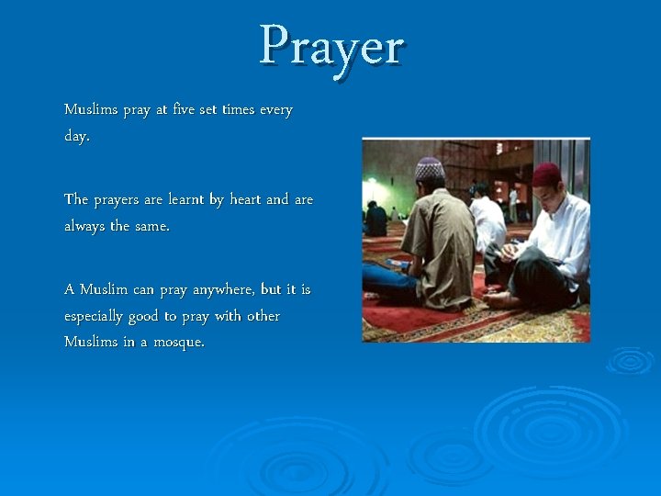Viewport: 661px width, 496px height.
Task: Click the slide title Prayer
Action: point(331,45)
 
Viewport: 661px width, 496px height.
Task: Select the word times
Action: point(238,110)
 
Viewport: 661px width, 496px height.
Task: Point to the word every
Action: point(275,110)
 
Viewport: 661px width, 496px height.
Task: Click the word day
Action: point(76,136)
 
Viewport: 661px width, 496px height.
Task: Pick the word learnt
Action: point(180,199)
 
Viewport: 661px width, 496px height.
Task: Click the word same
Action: point(151,226)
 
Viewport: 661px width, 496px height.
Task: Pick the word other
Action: point(263,316)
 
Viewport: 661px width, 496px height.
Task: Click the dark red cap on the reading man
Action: point(546,172)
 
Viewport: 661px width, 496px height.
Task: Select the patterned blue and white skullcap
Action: point(430,168)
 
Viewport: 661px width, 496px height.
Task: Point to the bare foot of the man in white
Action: point(499,299)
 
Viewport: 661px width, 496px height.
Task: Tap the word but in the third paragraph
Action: point(271,289)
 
